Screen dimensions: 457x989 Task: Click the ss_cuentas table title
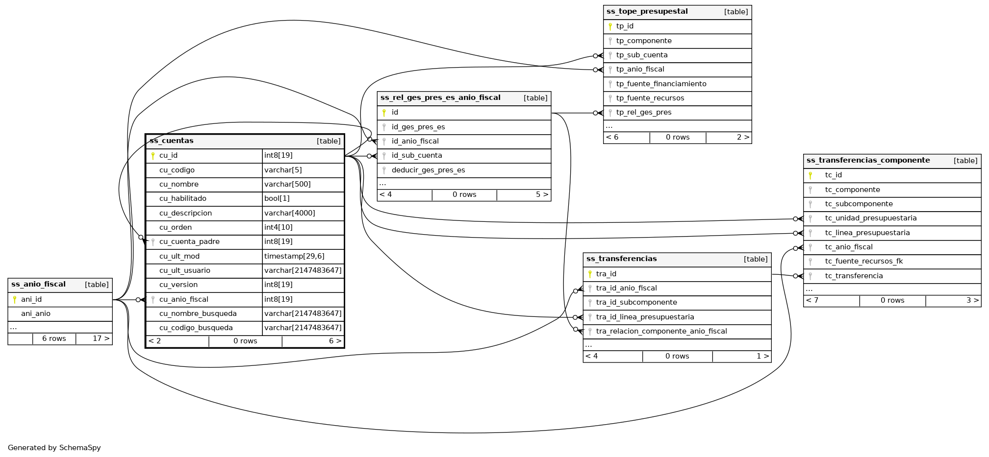pos(172,141)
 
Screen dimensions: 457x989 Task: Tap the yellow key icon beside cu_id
pos(153,156)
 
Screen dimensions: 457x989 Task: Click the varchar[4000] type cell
pos(289,213)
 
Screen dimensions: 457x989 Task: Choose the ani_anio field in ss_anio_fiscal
pos(36,313)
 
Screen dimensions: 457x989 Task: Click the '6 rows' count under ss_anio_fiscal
pos(54,338)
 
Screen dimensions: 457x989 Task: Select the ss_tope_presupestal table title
pos(647,12)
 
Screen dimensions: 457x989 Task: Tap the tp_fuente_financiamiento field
pos(661,84)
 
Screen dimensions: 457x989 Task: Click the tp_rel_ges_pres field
pos(644,112)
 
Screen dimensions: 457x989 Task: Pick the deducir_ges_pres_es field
pos(428,170)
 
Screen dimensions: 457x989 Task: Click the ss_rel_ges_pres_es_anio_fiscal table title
pos(440,97)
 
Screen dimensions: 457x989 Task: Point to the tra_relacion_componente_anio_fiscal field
pos(661,331)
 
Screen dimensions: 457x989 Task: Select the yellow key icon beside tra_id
pos(590,274)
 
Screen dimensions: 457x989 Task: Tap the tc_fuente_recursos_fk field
pos(863,261)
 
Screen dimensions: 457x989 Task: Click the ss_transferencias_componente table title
pos(868,160)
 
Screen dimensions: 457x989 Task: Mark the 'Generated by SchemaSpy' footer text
pos(54,448)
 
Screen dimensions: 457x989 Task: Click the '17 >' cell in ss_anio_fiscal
pos(101,338)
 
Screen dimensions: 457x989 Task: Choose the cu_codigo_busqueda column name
pos(196,328)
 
